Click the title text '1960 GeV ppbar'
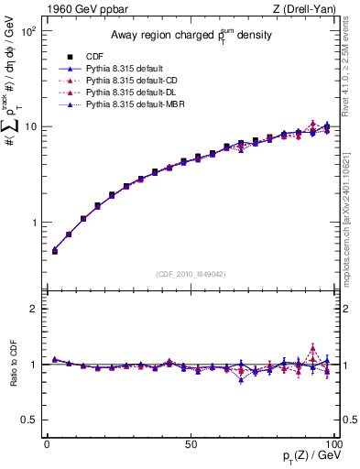[x=81, y=9]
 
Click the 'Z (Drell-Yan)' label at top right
[x=307, y=9]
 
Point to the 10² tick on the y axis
[x=29, y=31]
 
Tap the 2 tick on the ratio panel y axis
[x=36, y=309]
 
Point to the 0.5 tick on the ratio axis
[x=30, y=420]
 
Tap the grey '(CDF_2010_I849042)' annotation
[x=190, y=274]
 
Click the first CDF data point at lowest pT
[x=54, y=250]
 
